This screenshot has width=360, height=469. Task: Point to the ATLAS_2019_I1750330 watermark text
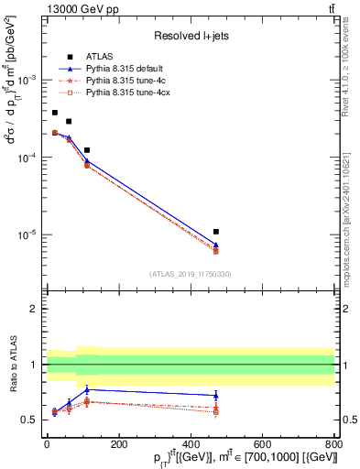click(191, 274)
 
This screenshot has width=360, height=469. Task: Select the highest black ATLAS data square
click(55, 113)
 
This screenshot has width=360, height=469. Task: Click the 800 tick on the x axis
click(334, 446)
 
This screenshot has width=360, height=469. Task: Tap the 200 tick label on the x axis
click(118, 446)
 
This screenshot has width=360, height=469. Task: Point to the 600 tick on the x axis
click(262, 446)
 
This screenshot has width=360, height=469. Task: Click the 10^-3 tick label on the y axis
click(27, 81)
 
